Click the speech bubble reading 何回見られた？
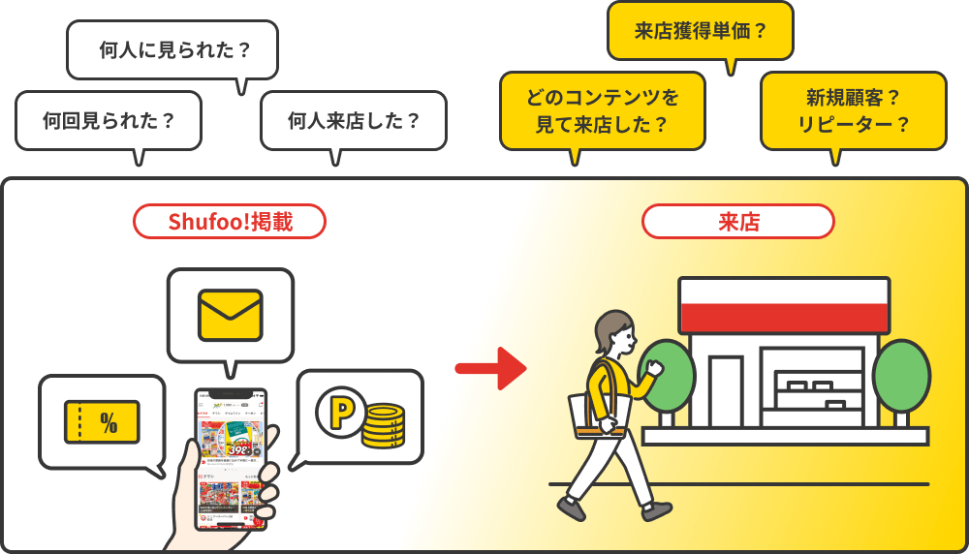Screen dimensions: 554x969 tap(109, 121)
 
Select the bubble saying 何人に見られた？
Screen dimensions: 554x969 tap(172, 50)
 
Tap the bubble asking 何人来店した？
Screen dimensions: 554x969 tap(354, 121)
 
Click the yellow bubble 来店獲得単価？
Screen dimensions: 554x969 tap(701, 31)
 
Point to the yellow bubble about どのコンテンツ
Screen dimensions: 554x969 tap(602, 110)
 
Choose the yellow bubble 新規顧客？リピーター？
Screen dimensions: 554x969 tap(853, 110)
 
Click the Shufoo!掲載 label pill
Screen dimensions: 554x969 tap(230, 222)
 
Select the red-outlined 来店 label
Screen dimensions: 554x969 tap(738, 222)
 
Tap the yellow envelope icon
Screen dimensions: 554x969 tap(230, 315)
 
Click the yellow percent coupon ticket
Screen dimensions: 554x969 tap(102, 421)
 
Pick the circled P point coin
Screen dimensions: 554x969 tap(340, 412)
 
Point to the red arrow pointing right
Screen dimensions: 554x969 tap(490, 368)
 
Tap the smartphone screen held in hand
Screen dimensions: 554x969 tap(231, 460)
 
